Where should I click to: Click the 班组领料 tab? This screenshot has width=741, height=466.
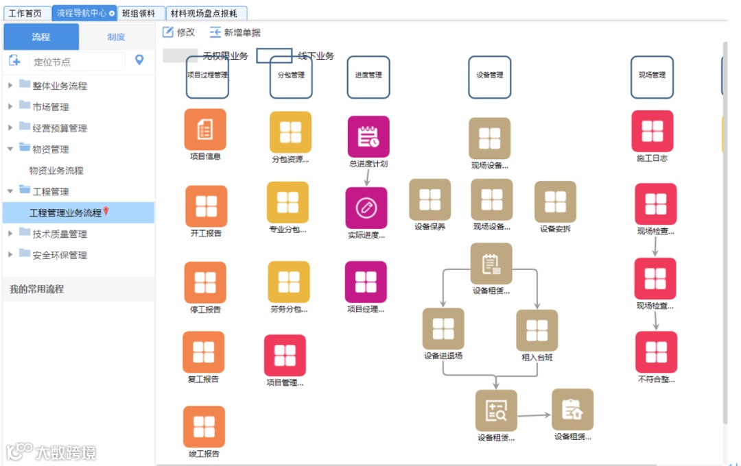tap(138, 13)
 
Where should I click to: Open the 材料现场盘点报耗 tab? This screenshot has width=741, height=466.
tap(204, 13)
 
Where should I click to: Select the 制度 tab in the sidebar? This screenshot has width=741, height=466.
tap(116, 37)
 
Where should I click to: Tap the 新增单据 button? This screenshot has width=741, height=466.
tap(235, 32)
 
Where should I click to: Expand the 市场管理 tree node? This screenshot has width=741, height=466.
tap(10, 107)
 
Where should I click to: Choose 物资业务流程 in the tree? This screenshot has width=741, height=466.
tap(56, 171)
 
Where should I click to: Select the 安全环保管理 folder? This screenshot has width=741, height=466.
tap(59, 255)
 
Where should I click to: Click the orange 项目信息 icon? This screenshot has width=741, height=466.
tap(205, 130)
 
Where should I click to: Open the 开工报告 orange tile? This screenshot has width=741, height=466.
tap(206, 206)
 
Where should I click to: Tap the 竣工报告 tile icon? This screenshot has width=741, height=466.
tap(204, 427)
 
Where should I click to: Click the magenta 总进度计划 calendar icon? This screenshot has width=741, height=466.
tap(368, 137)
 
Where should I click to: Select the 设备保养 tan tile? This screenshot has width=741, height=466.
tap(430, 199)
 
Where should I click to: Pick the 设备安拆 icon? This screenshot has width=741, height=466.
tap(555, 202)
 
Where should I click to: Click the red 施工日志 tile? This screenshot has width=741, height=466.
tap(652, 131)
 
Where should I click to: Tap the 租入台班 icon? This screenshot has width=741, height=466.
tap(537, 330)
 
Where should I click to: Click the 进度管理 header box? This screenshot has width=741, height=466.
tap(368, 76)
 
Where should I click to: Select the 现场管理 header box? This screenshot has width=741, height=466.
tap(652, 76)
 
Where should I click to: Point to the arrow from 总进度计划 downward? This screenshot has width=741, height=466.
tap(367, 177)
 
